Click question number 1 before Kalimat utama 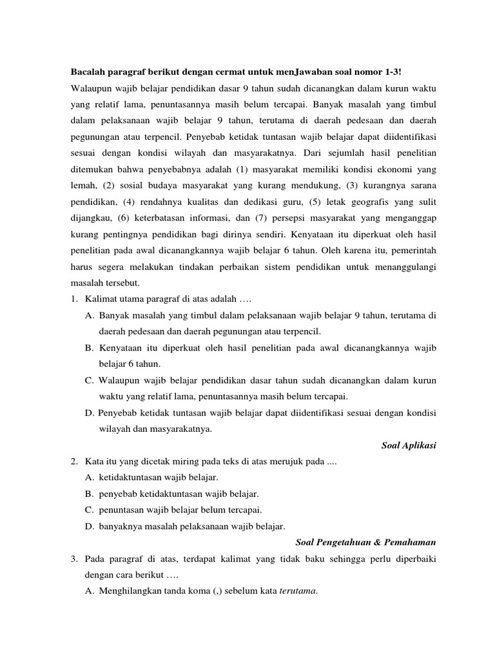75,299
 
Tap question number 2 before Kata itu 75,463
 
